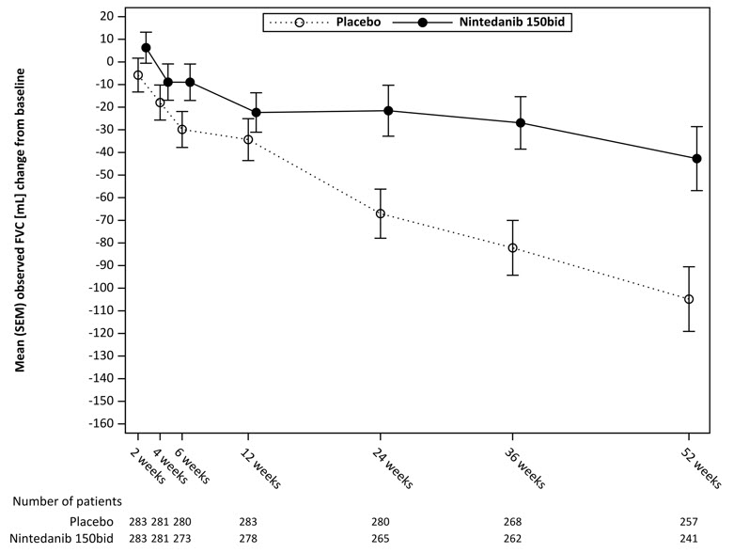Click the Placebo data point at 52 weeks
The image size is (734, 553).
click(x=689, y=299)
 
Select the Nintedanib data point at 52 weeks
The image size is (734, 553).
click(x=696, y=159)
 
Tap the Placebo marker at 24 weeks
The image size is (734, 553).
click(x=381, y=213)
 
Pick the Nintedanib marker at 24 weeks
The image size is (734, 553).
click(x=388, y=111)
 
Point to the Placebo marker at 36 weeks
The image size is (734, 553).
click(x=512, y=248)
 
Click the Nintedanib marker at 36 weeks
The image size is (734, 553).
click(x=520, y=123)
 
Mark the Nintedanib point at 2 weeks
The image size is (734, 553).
click(x=146, y=47)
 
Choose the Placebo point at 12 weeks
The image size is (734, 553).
click(x=248, y=139)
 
